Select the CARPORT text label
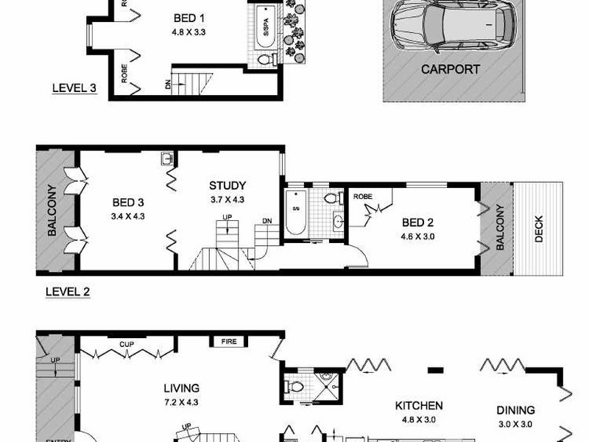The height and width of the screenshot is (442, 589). point(450,70)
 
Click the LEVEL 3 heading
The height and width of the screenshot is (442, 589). point(74,88)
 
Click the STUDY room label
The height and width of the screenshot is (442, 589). point(227,186)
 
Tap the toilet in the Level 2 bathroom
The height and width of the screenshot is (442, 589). point(331,198)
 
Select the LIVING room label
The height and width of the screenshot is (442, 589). point(182,388)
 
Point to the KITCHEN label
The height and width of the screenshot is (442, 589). point(418,405)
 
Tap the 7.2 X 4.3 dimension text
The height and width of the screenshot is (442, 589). point(182,401)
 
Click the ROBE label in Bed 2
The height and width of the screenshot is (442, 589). point(361,197)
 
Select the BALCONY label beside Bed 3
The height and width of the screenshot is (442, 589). point(52,210)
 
